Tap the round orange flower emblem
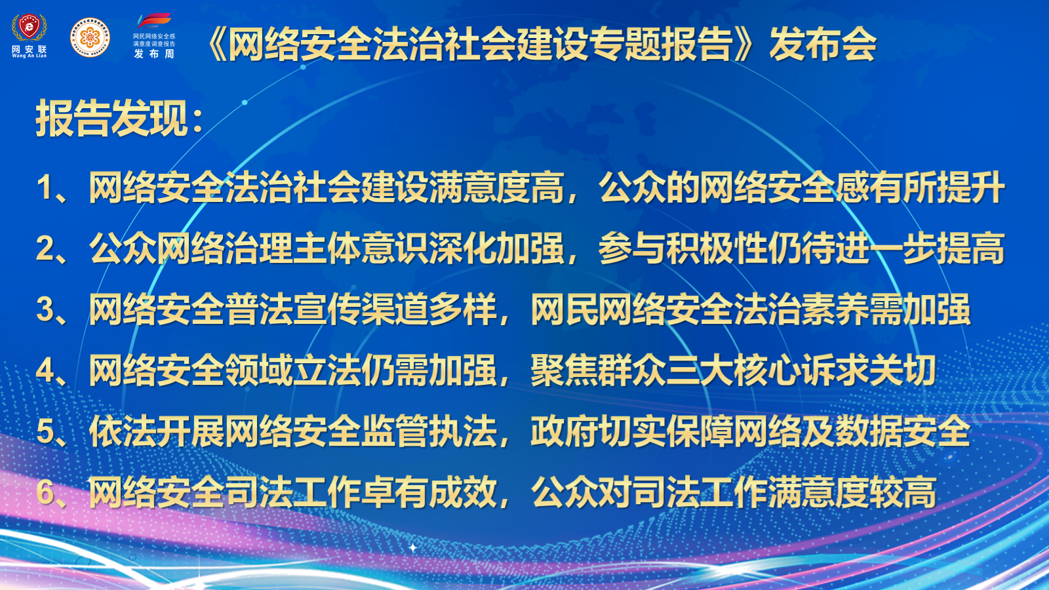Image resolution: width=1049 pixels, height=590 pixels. (x=90, y=37)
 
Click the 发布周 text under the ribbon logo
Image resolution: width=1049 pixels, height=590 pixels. (x=154, y=54)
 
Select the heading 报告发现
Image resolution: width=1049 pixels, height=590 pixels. (x=111, y=118)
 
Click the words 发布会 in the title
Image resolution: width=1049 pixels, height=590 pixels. (x=822, y=43)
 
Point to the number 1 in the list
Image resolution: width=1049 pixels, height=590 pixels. (x=45, y=187)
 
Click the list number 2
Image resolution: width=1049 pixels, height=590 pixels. (x=45, y=248)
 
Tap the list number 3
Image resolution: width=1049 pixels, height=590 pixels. (x=45, y=309)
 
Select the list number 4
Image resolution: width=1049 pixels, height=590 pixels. (x=45, y=370)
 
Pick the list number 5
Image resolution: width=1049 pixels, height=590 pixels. (x=45, y=431)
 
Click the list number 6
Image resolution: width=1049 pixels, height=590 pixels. (x=45, y=492)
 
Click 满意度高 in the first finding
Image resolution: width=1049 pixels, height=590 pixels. (x=496, y=187)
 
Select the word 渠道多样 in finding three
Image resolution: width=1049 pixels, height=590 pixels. (x=429, y=309)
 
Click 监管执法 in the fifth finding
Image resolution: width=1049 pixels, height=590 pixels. (x=429, y=431)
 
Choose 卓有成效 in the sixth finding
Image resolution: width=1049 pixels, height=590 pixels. (x=429, y=492)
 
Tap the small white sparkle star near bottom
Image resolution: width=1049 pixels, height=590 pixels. (x=412, y=547)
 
